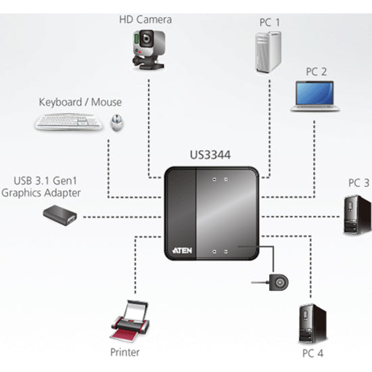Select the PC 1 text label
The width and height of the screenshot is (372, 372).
269,22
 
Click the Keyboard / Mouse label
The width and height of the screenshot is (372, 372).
80,102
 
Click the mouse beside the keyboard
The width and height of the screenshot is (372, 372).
117,122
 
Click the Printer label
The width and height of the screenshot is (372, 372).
125,352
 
